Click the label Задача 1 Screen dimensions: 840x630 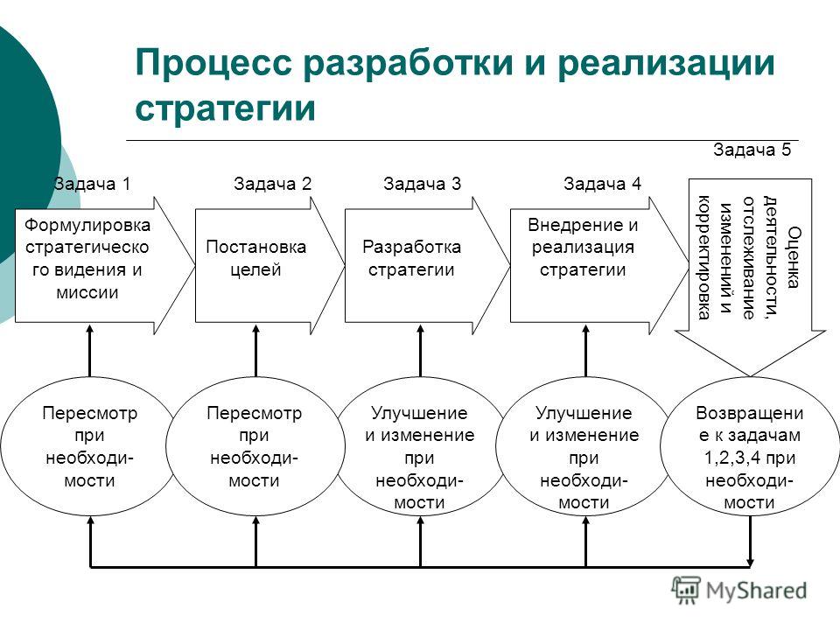click(92, 184)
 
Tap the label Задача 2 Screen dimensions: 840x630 click(272, 184)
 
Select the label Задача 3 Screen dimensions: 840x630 click(422, 184)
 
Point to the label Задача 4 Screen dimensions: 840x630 click(602, 184)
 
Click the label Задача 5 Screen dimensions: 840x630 click(752, 150)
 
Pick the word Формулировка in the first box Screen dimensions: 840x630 click(87, 225)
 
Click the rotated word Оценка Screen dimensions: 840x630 click(794, 257)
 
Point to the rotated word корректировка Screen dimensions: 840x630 click(703, 257)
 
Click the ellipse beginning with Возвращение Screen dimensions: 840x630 click(750, 445)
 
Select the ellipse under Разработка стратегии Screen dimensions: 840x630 click(420, 445)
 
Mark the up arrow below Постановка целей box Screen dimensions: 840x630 click(255, 351)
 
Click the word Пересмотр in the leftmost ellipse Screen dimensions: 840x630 click(89, 413)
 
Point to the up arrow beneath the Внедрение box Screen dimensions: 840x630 click(585, 351)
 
